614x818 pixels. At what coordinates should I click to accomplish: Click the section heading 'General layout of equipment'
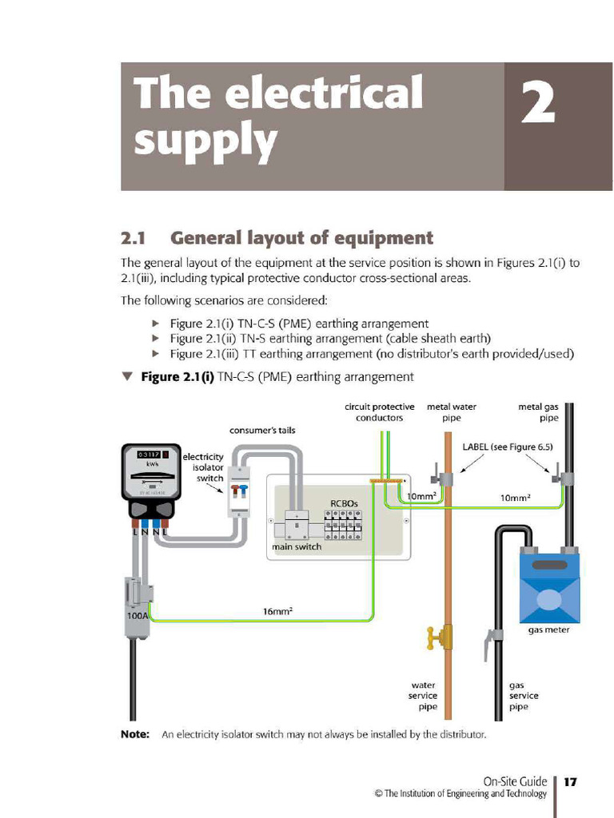(x=301, y=238)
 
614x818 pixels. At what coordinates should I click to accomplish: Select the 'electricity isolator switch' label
(x=203, y=467)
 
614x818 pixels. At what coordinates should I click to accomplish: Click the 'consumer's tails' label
(x=262, y=431)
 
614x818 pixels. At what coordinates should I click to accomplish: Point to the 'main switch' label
(x=297, y=547)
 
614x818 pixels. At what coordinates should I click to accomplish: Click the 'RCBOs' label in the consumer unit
(x=345, y=504)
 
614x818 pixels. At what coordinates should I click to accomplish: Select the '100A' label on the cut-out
(x=137, y=617)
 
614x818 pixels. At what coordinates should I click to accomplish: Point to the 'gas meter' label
(x=548, y=630)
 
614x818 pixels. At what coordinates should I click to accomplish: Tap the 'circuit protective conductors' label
(x=380, y=412)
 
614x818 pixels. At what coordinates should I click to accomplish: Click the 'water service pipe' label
(x=424, y=696)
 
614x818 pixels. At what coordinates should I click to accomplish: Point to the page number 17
(x=570, y=782)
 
